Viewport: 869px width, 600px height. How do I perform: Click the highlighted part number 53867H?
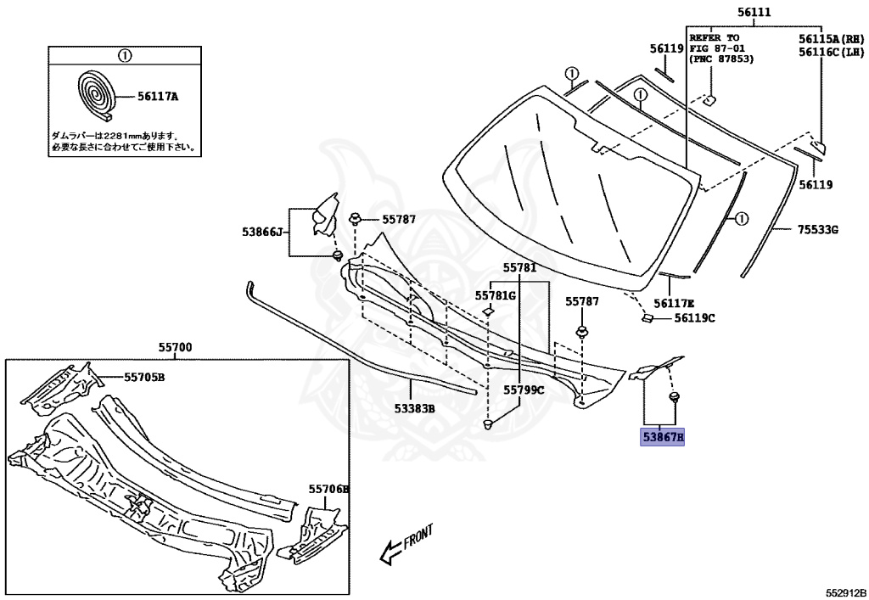tap(663, 438)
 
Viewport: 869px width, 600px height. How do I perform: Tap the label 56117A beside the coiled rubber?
tap(158, 97)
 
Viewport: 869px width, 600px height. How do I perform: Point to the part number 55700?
tap(175, 347)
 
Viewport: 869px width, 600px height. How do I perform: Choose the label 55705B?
tap(144, 377)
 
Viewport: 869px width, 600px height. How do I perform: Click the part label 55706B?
tap(328, 490)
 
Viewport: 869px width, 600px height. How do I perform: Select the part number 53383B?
tap(414, 408)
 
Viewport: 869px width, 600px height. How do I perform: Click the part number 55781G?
tap(495, 295)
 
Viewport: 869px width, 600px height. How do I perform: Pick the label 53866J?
tap(261, 231)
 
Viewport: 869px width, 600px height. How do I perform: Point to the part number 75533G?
tap(817, 229)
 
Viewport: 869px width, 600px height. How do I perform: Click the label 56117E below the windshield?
tap(674, 303)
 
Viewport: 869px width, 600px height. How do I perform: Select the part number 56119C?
tap(695, 318)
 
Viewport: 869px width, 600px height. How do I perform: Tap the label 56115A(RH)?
tap(830, 39)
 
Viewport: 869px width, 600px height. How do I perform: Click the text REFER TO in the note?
tap(714, 38)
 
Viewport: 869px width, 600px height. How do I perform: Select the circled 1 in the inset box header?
tap(124, 56)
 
